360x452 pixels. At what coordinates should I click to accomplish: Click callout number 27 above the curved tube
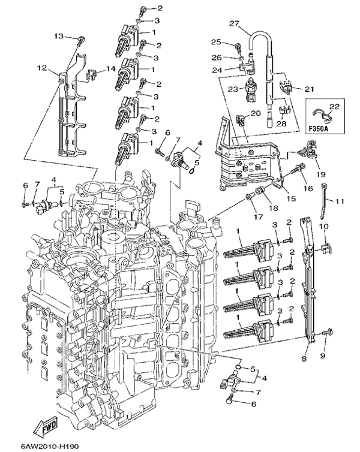tap(233, 23)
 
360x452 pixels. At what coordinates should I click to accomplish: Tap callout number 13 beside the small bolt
tap(59, 37)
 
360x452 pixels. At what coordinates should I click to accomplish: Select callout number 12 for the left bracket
tap(41, 68)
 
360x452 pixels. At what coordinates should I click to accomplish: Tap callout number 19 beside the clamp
tap(322, 174)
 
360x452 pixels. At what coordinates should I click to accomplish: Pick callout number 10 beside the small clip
tap(323, 227)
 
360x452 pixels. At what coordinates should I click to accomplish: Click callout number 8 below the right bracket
tap(304, 358)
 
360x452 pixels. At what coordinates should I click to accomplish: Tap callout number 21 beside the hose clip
tap(310, 89)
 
